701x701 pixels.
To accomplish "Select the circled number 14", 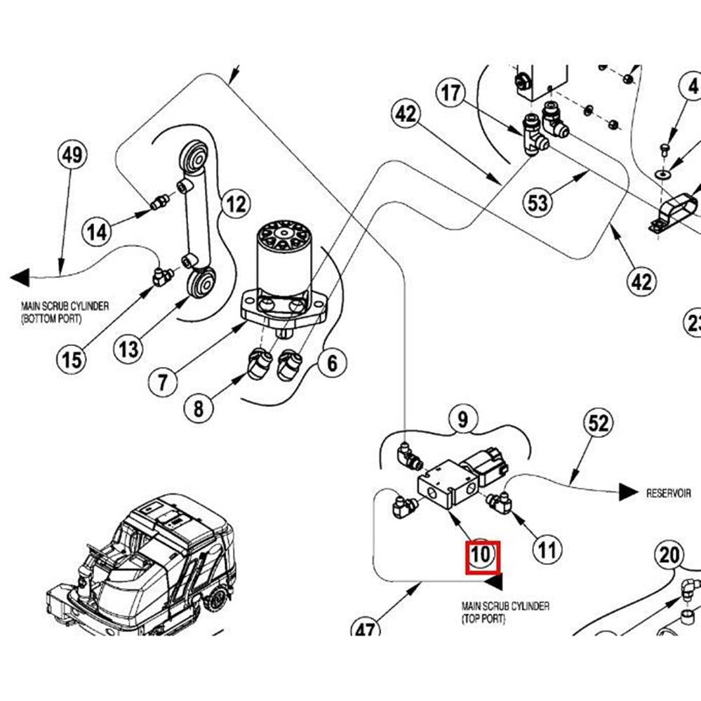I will (x=98, y=230).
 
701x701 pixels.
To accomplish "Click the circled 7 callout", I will (x=163, y=382).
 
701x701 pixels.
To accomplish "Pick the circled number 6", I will (x=332, y=363).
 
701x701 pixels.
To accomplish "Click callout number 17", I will (x=453, y=92).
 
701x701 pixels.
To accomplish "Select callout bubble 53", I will (x=538, y=203).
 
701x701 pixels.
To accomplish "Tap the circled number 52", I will (x=598, y=424).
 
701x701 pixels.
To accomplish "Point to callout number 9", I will (x=462, y=420).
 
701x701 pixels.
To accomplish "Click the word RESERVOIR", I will (x=668, y=493).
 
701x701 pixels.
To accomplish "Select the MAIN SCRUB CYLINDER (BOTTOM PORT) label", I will (x=65, y=312).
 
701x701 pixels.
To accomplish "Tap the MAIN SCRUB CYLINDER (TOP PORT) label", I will (x=505, y=612).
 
